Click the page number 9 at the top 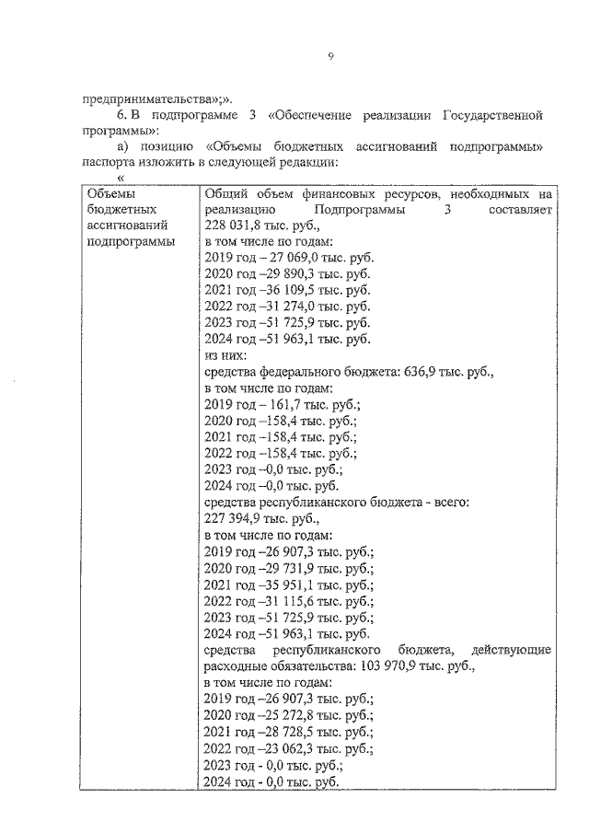[329, 57]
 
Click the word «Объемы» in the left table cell [110, 194]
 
